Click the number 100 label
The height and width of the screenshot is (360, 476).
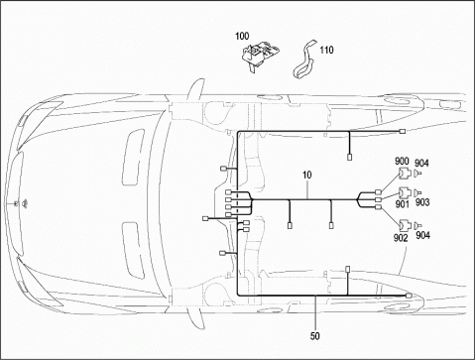[x=242, y=36]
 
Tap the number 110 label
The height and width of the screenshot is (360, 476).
[x=326, y=50]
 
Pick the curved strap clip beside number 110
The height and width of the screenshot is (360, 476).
[x=304, y=60]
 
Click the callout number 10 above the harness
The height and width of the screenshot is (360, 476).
[x=307, y=176]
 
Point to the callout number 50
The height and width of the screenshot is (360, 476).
[x=315, y=336]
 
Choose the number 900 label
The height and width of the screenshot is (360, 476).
[x=402, y=162]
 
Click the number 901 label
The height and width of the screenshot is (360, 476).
[x=402, y=204]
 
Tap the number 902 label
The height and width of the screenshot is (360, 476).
[x=401, y=238]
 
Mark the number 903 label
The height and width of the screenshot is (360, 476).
[x=422, y=202]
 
